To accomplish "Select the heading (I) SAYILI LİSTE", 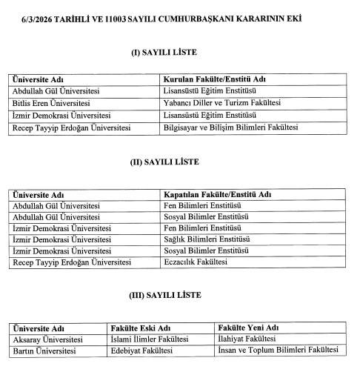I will [x=164, y=52].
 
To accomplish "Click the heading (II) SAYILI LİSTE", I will [x=164, y=162].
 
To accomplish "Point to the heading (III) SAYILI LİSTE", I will [x=164, y=295].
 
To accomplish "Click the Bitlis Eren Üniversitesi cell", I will [x=51, y=104].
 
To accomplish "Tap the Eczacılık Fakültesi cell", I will [x=195, y=262].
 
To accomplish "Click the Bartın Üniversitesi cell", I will [x=44, y=351].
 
